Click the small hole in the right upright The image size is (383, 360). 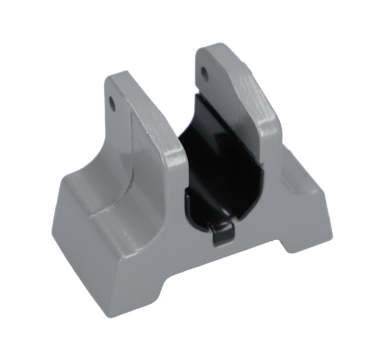pos(205,74)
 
